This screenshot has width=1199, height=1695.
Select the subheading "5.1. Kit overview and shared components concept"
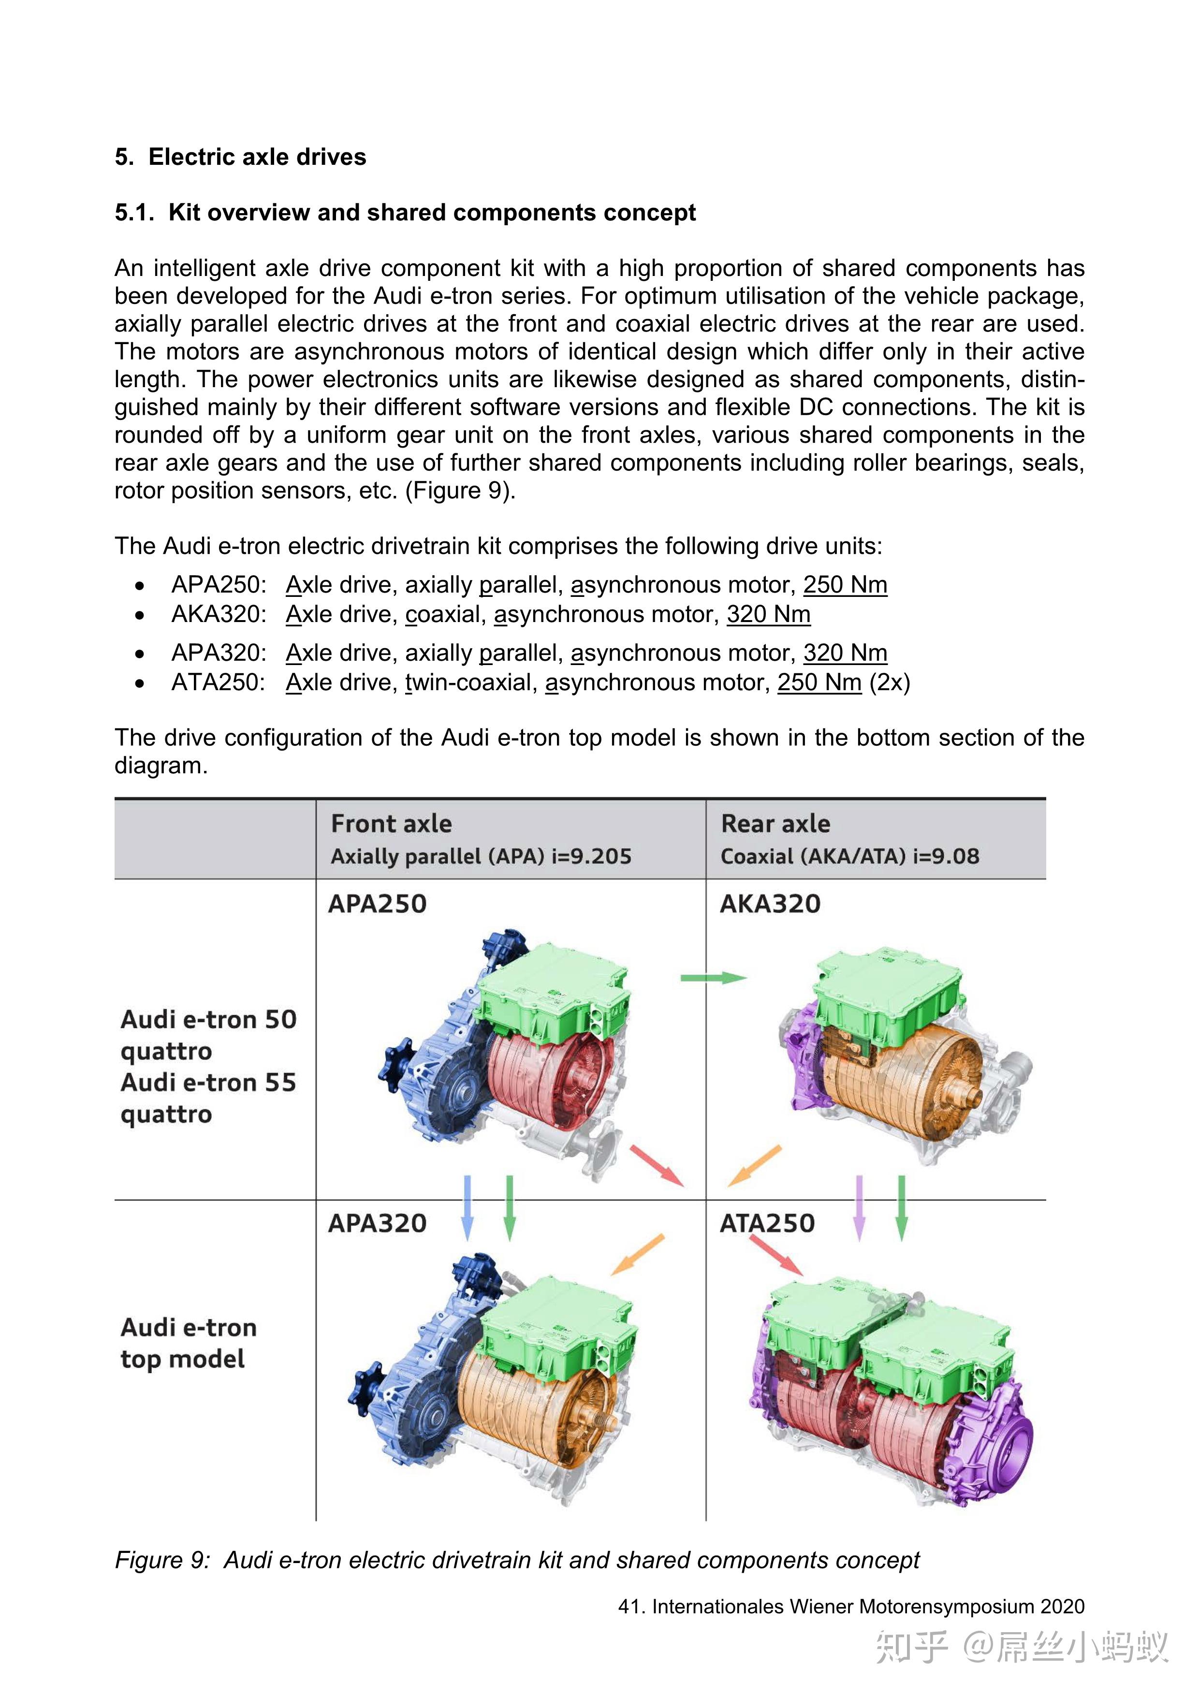[405, 213]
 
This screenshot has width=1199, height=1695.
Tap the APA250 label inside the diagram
[377, 904]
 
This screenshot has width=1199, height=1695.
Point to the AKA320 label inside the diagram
[770, 904]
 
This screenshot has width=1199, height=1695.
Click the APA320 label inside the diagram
[377, 1224]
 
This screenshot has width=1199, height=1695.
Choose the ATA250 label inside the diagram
[767, 1224]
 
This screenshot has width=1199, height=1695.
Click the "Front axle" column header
[391, 824]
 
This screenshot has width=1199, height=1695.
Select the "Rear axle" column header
[775, 824]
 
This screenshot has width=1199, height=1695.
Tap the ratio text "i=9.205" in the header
[591, 856]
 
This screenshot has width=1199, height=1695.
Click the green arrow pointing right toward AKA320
[713, 978]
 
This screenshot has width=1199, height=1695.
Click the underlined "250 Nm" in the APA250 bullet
[845, 585]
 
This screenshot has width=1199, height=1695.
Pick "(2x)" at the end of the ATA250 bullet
[890, 682]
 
